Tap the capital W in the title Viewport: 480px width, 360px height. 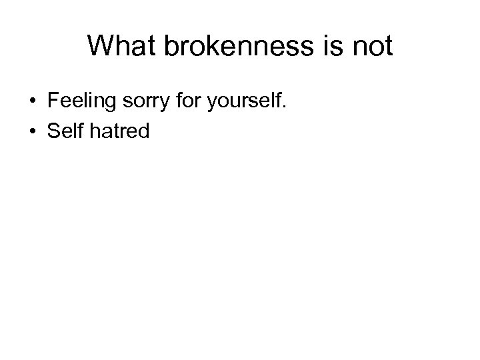[x=100, y=46]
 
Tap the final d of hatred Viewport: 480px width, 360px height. [x=144, y=131]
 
